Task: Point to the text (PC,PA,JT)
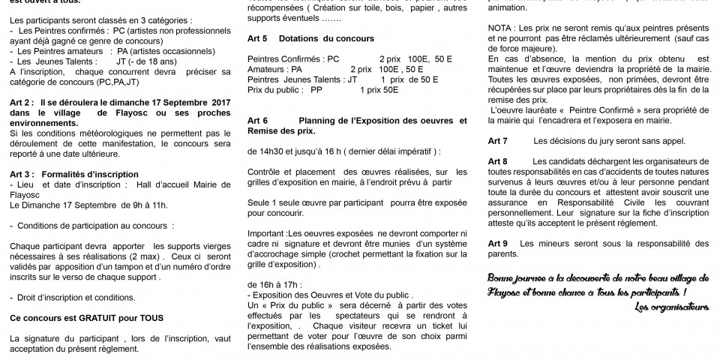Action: (119, 82)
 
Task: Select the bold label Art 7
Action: (497, 140)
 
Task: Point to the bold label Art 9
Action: (497, 244)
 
